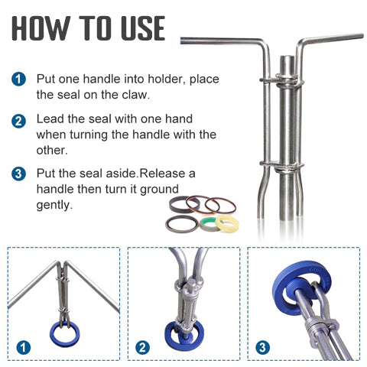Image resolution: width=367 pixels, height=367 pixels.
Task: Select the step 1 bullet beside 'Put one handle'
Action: (18, 79)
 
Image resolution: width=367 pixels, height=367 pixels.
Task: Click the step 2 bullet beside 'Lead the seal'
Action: (18, 120)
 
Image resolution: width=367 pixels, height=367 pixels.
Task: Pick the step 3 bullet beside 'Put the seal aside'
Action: (18, 174)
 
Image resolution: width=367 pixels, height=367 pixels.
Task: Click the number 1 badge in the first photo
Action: (24, 348)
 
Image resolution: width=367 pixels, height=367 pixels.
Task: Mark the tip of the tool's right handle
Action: (361, 35)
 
